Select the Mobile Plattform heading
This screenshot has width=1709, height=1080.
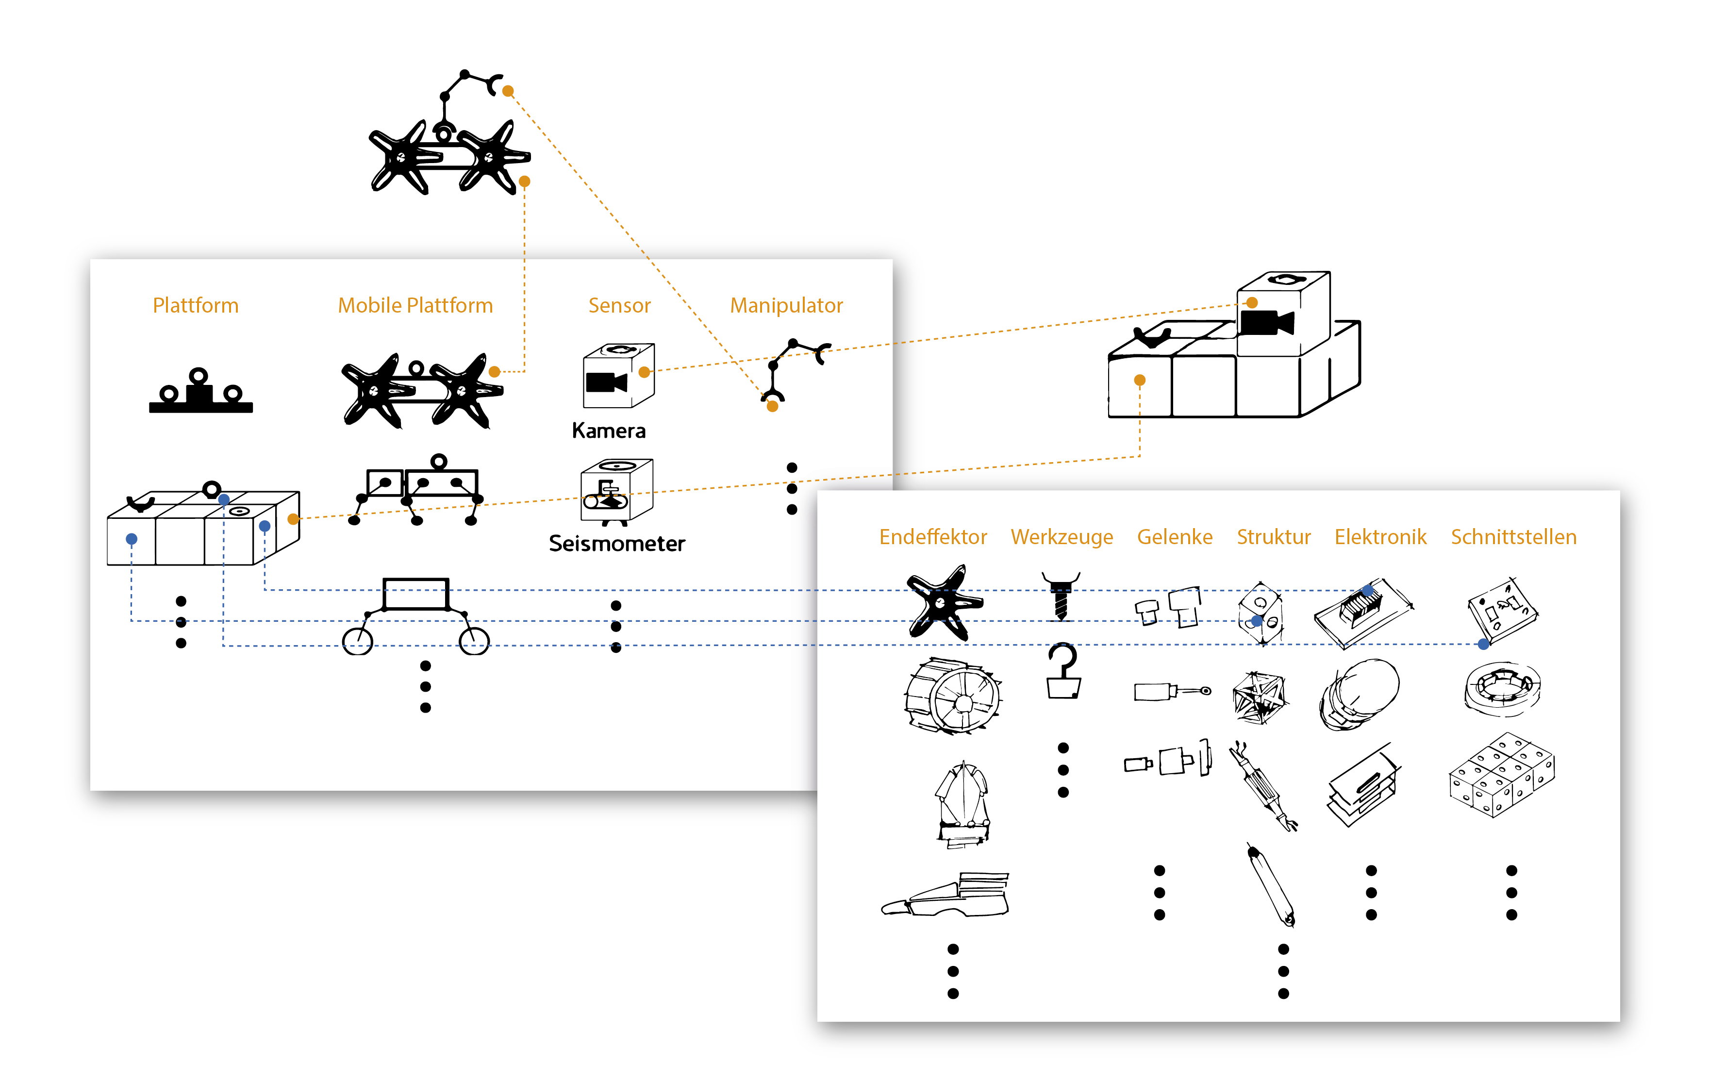(x=415, y=305)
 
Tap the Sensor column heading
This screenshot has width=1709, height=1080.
(x=619, y=305)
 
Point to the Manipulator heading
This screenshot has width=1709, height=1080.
(x=786, y=305)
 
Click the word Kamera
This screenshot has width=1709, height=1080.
(x=608, y=431)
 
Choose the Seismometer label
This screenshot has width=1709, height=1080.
(x=617, y=544)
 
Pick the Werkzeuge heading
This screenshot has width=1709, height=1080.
(x=1062, y=537)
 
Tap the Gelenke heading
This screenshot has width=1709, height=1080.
(x=1175, y=537)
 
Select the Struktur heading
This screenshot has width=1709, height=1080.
(x=1273, y=537)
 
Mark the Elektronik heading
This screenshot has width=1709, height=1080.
(x=1380, y=537)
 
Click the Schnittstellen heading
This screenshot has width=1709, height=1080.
(x=1513, y=537)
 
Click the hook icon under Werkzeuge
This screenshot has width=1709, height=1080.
(x=1063, y=671)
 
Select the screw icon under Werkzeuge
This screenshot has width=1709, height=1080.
(x=1061, y=596)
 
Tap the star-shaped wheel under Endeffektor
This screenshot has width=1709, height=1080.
(x=943, y=603)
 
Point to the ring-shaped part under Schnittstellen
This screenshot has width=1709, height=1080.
(x=1502, y=686)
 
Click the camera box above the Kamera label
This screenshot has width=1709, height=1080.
(x=617, y=376)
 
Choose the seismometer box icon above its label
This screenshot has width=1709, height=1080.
(x=616, y=491)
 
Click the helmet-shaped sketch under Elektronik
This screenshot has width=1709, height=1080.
(x=1359, y=692)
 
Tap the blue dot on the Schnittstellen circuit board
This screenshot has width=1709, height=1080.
(x=1483, y=644)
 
